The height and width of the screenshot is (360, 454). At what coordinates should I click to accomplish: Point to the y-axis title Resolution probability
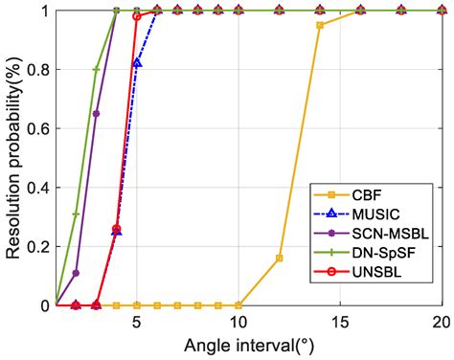[12, 157]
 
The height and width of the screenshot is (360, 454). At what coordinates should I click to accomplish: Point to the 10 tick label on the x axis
[238, 322]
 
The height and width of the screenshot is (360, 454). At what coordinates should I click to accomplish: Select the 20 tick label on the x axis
[440, 322]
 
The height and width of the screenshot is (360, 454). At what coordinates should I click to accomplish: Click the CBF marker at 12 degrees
[280, 259]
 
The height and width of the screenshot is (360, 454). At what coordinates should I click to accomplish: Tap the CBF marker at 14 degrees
[320, 25]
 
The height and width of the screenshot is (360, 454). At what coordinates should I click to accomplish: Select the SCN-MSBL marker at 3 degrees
[96, 113]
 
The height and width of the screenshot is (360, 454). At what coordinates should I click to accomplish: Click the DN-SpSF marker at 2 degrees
[76, 214]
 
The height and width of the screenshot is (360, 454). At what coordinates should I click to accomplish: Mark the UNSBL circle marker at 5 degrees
[137, 16]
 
